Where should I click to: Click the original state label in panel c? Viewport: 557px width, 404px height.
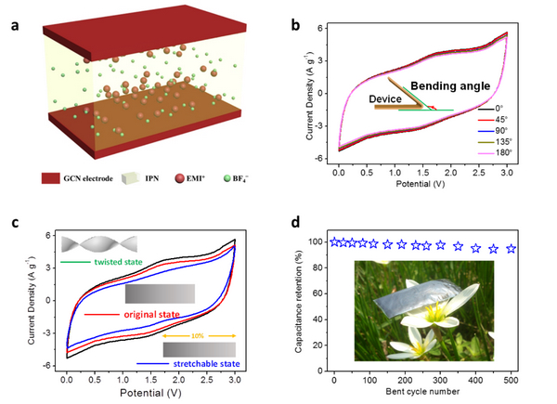point(149,315)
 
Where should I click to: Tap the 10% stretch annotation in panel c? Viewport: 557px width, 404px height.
point(197,336)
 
